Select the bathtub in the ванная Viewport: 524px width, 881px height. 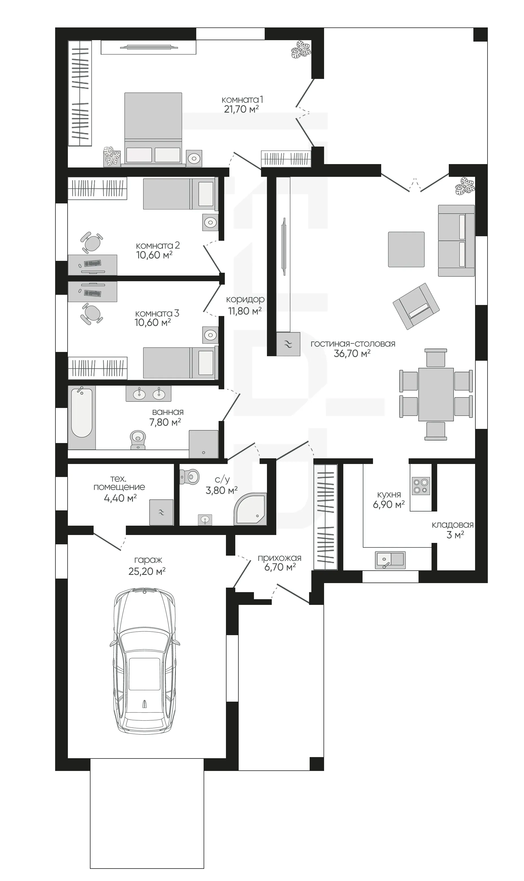pos(81,417)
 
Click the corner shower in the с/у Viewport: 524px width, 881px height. pos(250,509)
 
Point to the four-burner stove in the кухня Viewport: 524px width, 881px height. pos(421,486)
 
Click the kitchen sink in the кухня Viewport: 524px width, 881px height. pos(390,560)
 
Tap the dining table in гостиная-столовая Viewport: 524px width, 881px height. pos(436,394)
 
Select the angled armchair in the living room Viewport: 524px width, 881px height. pos(416,306)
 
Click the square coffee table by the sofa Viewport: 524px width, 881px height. pos(406,250)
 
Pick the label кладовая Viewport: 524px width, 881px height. pos(452,525)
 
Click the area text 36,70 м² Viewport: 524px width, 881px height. pos(352,353)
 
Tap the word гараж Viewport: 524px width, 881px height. pos(148,560)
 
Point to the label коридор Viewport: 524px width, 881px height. pos(245,300)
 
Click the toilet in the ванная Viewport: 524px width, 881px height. pos(138,439)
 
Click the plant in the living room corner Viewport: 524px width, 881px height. pos(464,186)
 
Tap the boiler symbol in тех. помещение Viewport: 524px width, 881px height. pos(161,512)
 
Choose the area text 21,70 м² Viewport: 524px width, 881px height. pos(241,109)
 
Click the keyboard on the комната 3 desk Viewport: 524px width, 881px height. pos(92,293)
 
